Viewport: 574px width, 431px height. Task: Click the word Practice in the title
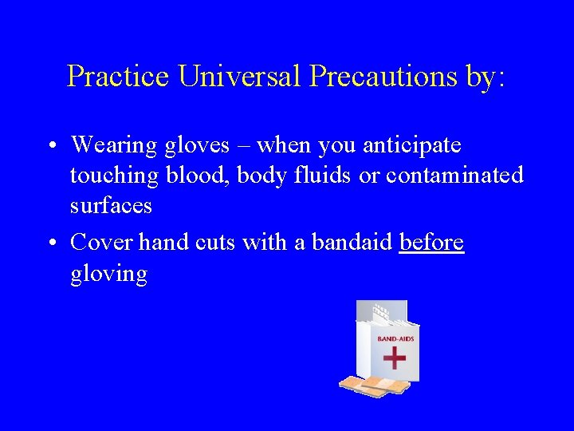(119, 76)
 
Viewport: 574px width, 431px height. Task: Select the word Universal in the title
(240, 76)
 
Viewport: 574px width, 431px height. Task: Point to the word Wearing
(114, 145)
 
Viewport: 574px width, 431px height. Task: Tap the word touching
(115, 176)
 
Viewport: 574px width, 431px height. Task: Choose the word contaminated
(454, 175)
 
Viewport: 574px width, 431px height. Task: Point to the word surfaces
(111, 205)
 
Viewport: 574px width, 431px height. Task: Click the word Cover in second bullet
(101, 242)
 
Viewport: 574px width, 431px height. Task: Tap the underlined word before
(431, 242)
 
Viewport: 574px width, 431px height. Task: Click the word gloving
(108, 274)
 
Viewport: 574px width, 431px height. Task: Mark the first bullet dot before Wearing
(50, 146)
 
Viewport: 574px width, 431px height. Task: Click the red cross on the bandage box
(395, 357)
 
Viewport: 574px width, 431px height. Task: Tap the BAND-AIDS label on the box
(395, 338)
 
